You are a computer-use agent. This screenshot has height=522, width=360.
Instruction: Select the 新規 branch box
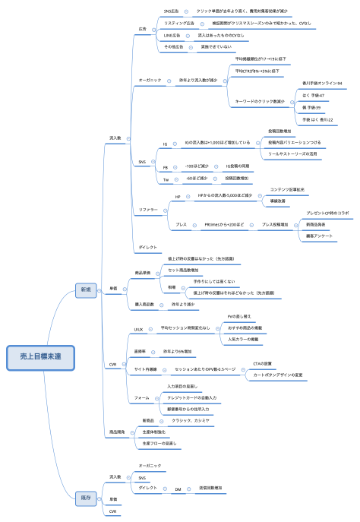pos(84,289)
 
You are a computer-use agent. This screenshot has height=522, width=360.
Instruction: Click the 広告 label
pos(143,29)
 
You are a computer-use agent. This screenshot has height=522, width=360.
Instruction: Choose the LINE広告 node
pos(172,35)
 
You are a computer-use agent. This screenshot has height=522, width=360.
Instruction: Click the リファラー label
pos(148,209)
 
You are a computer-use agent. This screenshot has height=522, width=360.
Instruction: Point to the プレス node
pos(182,225)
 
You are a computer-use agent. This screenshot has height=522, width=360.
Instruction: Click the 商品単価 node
pos(142,272)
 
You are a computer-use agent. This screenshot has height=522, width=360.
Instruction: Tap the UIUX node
pos(139,330)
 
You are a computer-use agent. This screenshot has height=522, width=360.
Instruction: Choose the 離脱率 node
pos(141,352)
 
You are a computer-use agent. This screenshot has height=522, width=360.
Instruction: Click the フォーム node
pos(141,398)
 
